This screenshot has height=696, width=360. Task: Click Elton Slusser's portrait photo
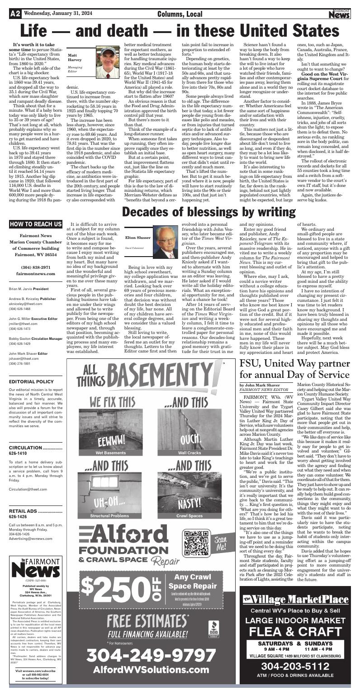tap(166, 242)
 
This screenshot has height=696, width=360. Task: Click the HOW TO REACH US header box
tap(36, 224)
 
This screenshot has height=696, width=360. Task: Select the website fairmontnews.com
tap(36, 274)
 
